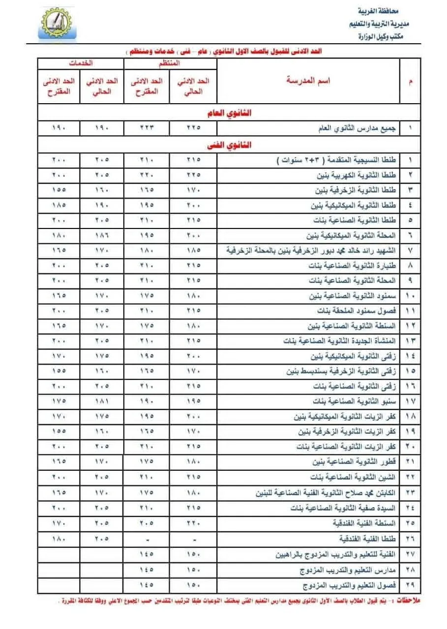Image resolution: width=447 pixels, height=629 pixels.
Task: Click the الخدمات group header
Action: [x=81, y=63]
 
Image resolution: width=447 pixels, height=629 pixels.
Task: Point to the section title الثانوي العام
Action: [x=229, y=113]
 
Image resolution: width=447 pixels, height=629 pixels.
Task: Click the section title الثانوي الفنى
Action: [x=229, y=145]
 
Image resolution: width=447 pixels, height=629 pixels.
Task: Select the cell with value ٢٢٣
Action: [x=147, y=128]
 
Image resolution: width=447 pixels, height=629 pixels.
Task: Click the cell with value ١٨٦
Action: [x=103, y=235]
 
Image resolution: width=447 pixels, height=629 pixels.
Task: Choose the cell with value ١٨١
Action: [x=103, y=401]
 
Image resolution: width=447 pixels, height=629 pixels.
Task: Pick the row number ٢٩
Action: [x=410, y=586]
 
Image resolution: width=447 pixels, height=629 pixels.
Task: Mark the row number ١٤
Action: [x=410, y=356]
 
